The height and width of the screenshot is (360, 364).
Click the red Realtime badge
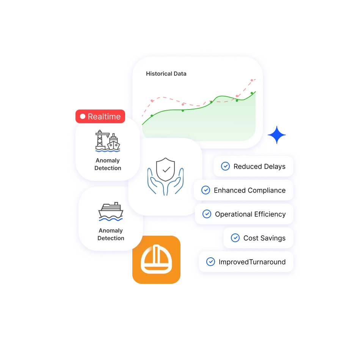pyautogui.click(x=100, y=116)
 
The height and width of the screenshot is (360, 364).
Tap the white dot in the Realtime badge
pyautogui.click(x=83, y=116)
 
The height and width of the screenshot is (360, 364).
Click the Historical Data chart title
pyautogui.click(x=166, y=74)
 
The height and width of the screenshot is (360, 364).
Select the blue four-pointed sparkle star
pyautogui.click(x=277, y=135)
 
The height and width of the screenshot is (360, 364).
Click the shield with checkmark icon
pyautogui.click(x=166, y=169)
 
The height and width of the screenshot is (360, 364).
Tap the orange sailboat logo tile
pyautogui.click(x=156, y=260)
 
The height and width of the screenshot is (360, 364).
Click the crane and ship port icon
pyautogui.click(x=108, y=141)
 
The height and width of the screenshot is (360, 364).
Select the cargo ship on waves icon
pyautogui.click(x=111, y=211)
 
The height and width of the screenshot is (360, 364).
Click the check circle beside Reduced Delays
pyautogui.click(x=225, y=166)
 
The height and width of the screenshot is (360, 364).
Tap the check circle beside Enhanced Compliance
pyautogui.click(x=206, y=190)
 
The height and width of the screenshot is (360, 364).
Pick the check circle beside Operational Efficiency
pyautogui.click(x=207, y=214)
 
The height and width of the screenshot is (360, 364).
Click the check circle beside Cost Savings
pyautogui.click(x=235, y=238)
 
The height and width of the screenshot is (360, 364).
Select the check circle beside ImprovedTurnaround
pyautogui.click(x=210, y=261)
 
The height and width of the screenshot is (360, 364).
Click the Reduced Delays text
pyautogui.click(x=259, y=166)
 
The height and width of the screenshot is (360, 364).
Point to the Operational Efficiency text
pyautogui.click(x=250, y=214)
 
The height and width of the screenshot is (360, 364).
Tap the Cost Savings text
pyautogui.click(x=264, y=238)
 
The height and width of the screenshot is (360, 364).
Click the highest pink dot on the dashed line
pyautogui.click(x=252, y=80)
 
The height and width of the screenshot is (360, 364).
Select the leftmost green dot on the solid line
pyautogui.click(x=152, y=116)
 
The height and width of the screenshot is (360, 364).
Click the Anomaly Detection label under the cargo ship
pyautogui.click(x=111, y=234)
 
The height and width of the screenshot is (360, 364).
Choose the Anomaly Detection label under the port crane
pyautogui.click(x=108, y=164)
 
